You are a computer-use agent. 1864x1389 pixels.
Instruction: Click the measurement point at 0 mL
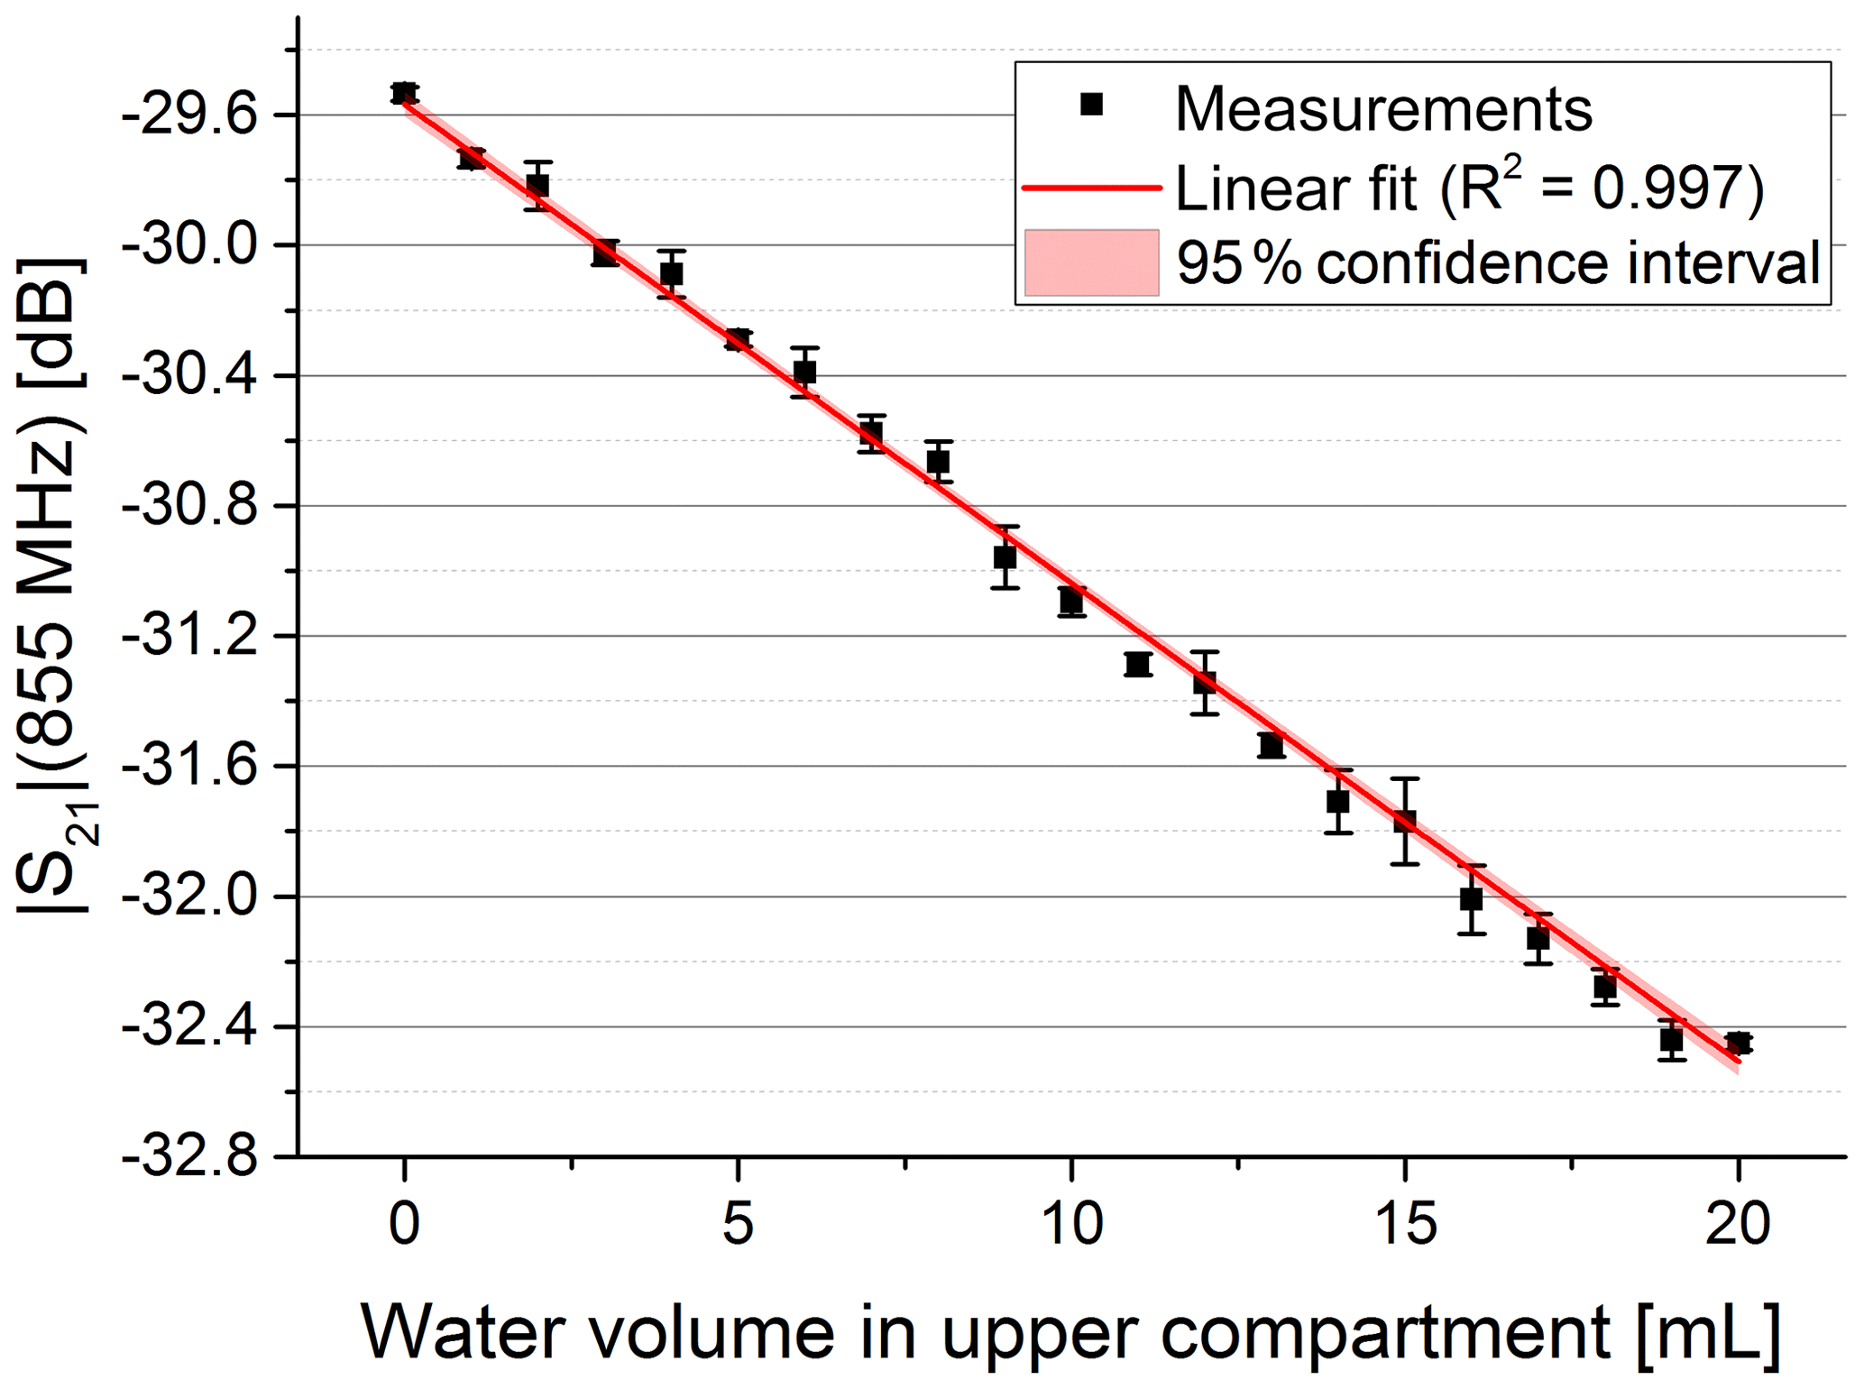(x=404, y=93)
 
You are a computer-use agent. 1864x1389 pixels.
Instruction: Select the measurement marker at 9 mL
(x=1005, y=557)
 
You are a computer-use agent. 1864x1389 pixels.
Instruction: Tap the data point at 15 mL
(x=1405, y=822)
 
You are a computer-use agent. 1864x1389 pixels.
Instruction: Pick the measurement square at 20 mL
(x=1739, y=1043)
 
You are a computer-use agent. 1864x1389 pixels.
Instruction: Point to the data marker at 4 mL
(x=671, y=273)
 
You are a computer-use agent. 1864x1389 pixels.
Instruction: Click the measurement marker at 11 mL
(x=1138, y=664)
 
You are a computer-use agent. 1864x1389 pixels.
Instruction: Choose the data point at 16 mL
(x=1472, y=899)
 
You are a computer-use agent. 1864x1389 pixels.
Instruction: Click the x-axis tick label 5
(x=738, y=1225)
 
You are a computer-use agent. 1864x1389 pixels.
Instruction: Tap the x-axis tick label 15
(x=1405, y=1225)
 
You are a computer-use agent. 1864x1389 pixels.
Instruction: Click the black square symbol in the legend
(x=1091, y=105)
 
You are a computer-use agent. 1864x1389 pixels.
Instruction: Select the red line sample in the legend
(x=1091, y=188)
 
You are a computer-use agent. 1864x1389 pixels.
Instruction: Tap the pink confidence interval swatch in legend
(x=1091, y=262)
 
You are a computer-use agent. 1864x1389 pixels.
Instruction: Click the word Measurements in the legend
(x=1383, y=110)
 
